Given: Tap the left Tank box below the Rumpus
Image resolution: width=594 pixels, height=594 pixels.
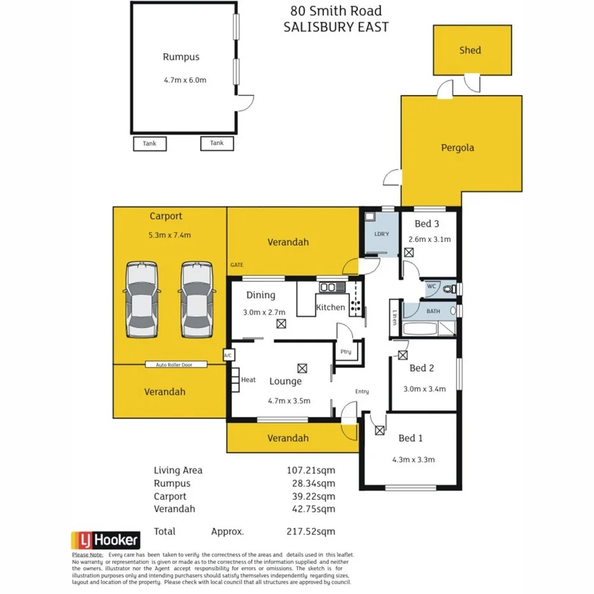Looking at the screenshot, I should pyautogui.click(x=150, y=144).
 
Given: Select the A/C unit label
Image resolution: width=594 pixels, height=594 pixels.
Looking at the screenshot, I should pyautogui.click(x=228, y=355).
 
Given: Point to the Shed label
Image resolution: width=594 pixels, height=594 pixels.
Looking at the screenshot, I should pyautogui.click(x=470, y=50).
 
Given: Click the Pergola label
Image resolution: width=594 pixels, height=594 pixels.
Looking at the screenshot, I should pyautogui.click(x=458, y=148).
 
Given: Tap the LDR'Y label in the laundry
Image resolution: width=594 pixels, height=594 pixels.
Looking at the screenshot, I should pyautogui.click(x=381, y=235).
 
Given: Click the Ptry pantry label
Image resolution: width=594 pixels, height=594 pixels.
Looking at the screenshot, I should pyautogui.click(x=346, y=352).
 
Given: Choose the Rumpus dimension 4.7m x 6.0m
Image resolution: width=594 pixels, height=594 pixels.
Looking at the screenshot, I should pyautogui.click(x=185, y=80).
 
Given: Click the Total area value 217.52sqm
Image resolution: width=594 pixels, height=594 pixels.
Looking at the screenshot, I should pyautogui.click(x=310, y=532).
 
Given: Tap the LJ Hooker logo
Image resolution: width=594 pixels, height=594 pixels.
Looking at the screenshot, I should pyautogui.click(x=105, y=540).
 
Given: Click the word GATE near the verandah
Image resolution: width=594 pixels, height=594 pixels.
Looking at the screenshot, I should pyautogui.click(x=237, y=264).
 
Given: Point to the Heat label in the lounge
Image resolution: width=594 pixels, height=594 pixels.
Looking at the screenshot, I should pyautogui.click(x=248, y=380).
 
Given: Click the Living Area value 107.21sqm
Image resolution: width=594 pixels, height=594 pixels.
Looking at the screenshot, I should pyautogui.click(x=310, y=470).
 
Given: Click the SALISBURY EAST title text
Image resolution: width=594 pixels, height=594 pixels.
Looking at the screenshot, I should pyautogui.click(x=336, y=27).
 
